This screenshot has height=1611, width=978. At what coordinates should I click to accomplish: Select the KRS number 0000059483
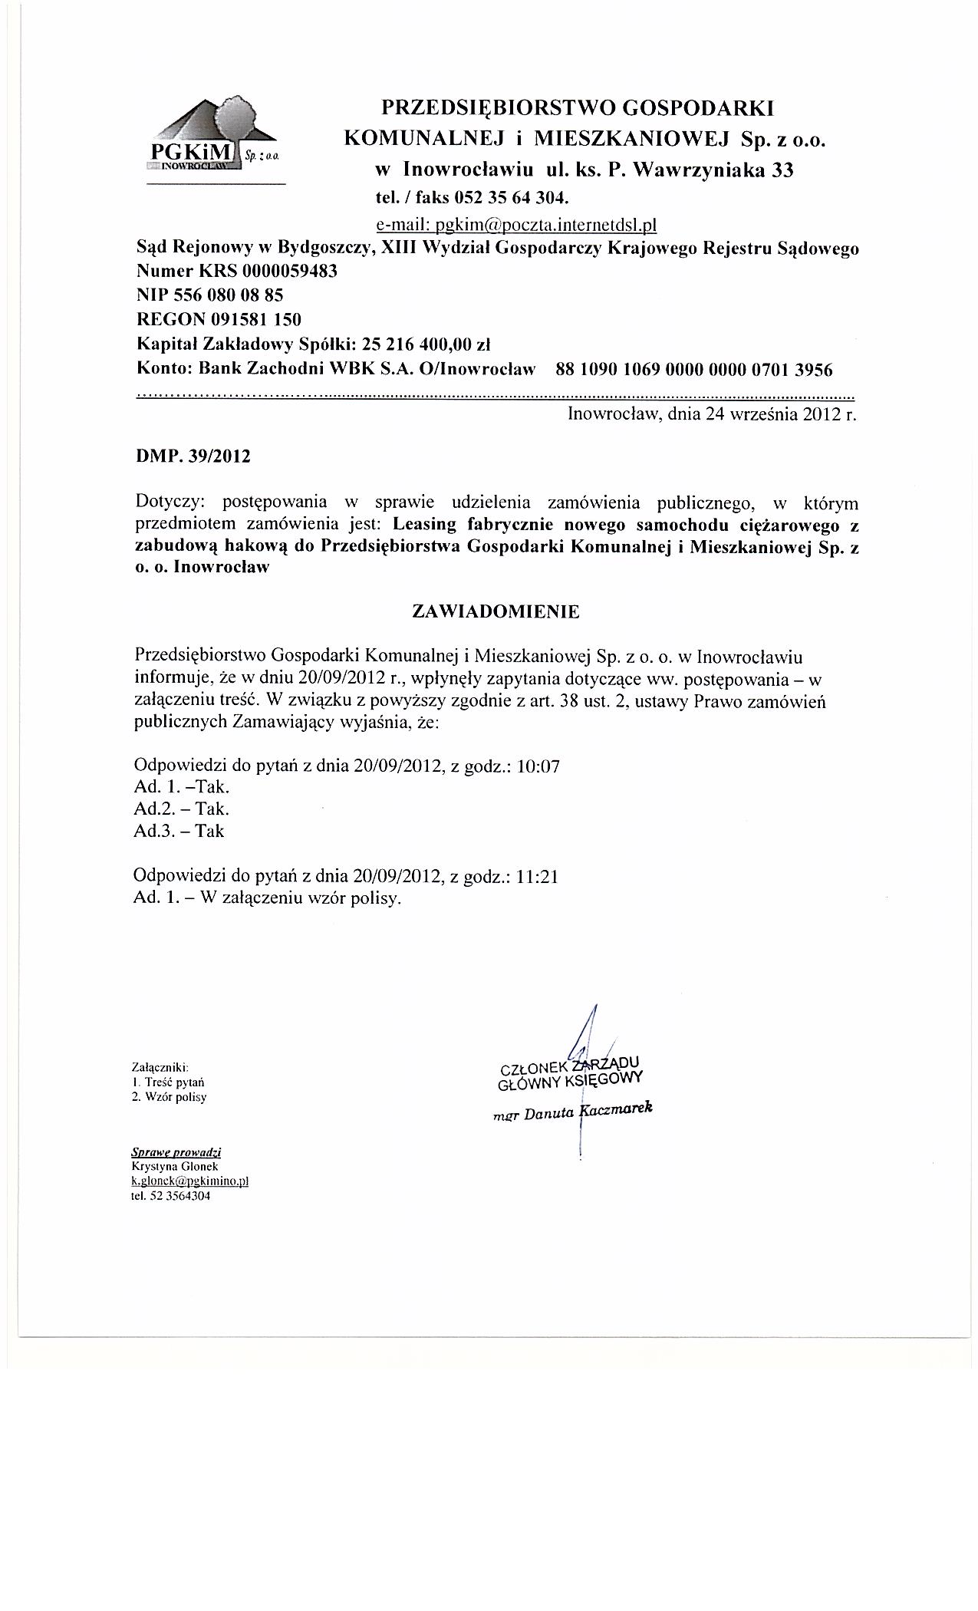coord(288,272)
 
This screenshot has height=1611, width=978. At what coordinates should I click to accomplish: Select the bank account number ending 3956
coord(693,370)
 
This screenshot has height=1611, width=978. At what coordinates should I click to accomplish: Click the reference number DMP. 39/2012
coord(193,456)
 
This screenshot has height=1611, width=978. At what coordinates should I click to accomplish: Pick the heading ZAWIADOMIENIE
coord(496,611)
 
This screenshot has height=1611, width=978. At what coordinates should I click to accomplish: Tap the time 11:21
coord(537,876)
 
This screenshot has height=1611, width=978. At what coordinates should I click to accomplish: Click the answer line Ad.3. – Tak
coord(179,831)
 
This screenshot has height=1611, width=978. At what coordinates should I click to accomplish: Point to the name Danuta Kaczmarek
coord(587,1112)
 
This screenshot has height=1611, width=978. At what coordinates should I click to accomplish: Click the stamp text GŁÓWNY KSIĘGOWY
coord(569,1080)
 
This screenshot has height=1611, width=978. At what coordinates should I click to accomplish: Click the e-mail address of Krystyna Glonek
coord(190,1181)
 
